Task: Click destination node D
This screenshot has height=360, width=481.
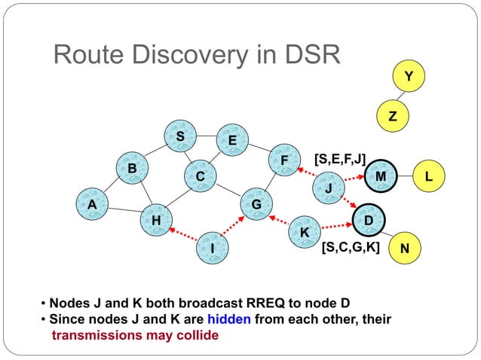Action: tap(369, 219)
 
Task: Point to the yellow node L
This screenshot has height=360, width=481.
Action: tap(428, 176)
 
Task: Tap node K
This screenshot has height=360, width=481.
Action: tap(305, 233)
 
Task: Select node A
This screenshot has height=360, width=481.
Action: tap(91, 203)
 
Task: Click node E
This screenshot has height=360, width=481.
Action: tap(232, 141)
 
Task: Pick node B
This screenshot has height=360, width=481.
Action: tap(132, 169)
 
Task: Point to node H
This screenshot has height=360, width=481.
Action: tap(156, 220)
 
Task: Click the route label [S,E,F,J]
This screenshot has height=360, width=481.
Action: tap(339, 158)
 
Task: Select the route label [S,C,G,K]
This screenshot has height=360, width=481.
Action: tap(350, 247)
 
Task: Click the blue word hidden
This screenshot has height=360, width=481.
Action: tap(230, 319)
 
